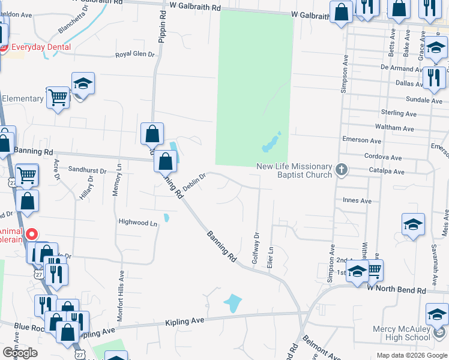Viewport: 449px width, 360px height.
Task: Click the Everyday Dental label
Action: [x=40, y=47]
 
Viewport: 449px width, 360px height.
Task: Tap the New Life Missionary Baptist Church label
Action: [x=294, y=170]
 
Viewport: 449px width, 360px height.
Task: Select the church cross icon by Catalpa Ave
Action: [x=342, y=170]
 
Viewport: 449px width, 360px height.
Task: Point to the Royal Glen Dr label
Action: [x=135, y=55]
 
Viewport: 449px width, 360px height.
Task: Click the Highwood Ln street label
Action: [x=137, y=223]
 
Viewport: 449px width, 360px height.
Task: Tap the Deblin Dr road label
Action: [x=194, y=181]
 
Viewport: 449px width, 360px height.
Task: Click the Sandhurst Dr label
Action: [x=87, y=170]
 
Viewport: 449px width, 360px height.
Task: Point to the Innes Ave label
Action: [x=357, y=200]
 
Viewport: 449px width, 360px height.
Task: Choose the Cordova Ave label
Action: [x=382, y=156]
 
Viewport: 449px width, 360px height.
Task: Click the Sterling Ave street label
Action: [x=399, y=113]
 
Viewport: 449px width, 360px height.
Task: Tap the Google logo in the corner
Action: [x=20, y=353]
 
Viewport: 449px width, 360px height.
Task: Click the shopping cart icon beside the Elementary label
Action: [x=58, y=97]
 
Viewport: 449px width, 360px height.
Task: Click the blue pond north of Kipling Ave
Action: [x=232, y=302]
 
